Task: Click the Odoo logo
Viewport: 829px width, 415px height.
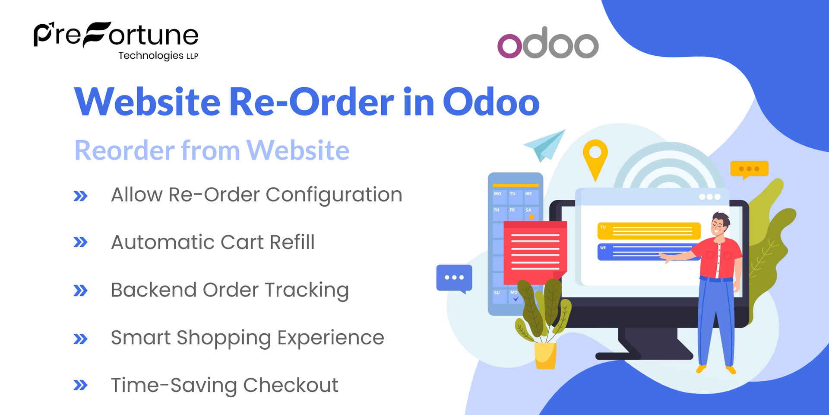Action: click(x=548, y=43)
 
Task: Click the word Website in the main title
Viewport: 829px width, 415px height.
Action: click(x=147, y=102)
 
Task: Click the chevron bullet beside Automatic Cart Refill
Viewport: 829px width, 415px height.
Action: click(x=80, y=242)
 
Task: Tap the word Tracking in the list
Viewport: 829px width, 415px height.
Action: click(x=307, y=290)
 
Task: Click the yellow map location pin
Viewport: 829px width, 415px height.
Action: click(x=595, y=158)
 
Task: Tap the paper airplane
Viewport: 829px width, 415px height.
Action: click(x=545, y=146)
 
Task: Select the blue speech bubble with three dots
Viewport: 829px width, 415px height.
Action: click(x=454, y=278)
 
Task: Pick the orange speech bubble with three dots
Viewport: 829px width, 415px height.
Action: click(x=749, y=169)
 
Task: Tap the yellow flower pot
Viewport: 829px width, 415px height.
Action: click(x=545, y=355)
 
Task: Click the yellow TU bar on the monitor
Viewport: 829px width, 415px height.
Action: click(x=649, y=231)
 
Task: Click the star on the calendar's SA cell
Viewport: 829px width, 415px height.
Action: click(x=532, y=216)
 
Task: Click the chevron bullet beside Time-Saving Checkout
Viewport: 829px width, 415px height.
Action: click(x=80, y=385)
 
